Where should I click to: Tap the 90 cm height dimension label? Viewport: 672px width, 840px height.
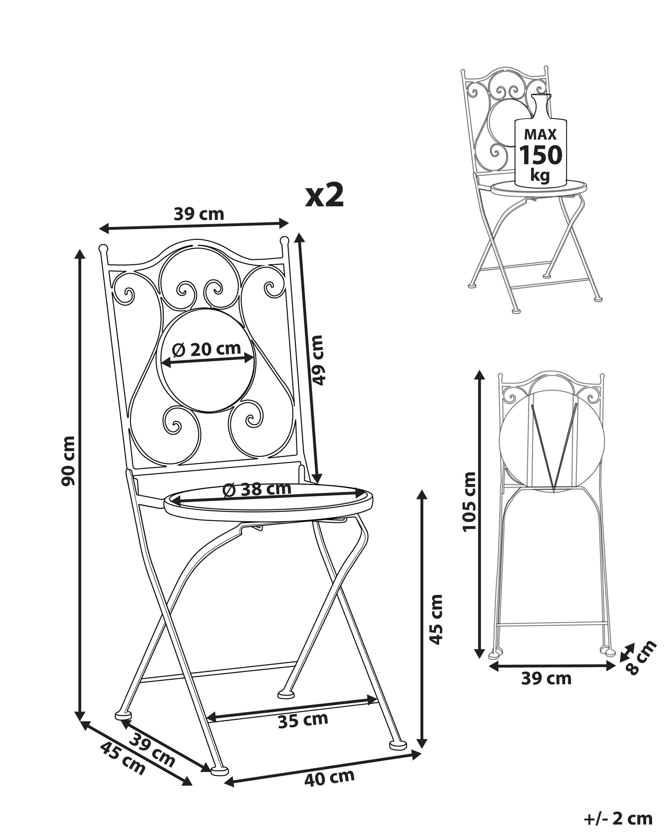click(68, 461)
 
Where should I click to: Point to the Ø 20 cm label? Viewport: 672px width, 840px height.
click(206, 349)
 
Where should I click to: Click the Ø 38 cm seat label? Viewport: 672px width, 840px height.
click(257, 489)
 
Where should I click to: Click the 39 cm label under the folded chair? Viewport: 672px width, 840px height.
click(546, 679)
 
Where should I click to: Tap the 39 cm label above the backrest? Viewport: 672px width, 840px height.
click(199, 214)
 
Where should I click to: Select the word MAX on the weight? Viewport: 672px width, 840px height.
click(540, 134)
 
